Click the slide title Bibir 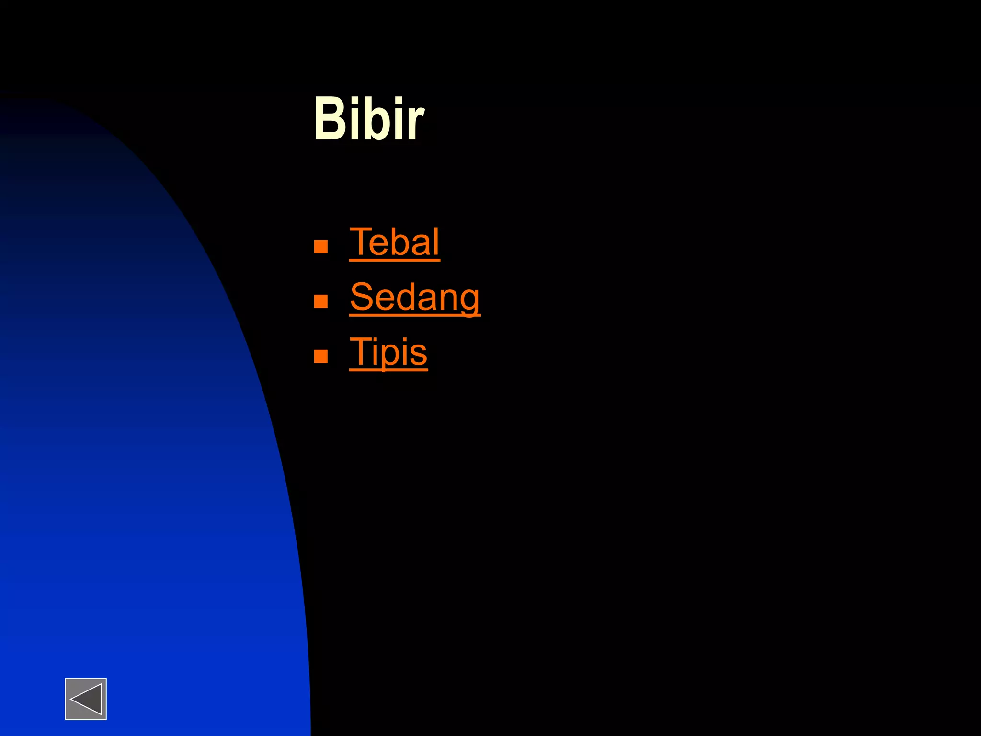pos(369,119)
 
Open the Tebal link pos(394,242)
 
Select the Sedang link pos(414,298)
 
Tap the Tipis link pos(388,352)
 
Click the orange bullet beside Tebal pos(320,246)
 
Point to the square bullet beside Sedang pos(320,301)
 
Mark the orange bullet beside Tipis pos(320,356)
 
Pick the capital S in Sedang pos(362,297)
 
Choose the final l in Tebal pos(436,242)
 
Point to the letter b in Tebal pos(399,242)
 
